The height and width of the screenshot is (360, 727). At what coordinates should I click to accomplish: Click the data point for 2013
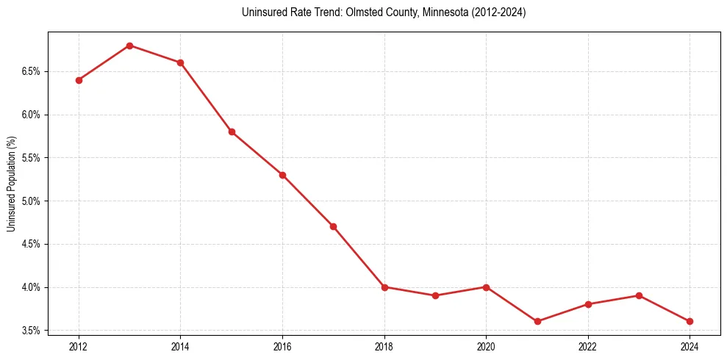pos(129,46)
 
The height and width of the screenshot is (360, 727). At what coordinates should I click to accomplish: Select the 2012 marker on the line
pos(79,80)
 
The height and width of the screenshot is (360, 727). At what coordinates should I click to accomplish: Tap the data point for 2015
pos(232,132)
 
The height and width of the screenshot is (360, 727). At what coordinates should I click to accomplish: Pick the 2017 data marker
pos(333,226)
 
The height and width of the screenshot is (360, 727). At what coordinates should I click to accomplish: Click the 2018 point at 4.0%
pos(384,287)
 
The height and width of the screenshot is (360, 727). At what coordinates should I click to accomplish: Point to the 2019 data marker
pos(435,295)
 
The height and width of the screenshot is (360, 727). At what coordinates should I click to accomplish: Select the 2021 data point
pos(537,321)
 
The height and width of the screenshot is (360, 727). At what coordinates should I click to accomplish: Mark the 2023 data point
pos(639,295)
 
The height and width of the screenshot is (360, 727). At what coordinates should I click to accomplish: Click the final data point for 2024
pos(690,321)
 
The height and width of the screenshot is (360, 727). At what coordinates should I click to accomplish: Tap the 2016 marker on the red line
pos(282,175)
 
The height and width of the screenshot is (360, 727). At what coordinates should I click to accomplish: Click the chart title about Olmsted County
pos(384,12)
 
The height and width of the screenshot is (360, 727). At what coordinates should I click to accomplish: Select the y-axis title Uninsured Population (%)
pos(12,184)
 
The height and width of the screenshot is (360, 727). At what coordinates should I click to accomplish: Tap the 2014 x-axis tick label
pos(180,346)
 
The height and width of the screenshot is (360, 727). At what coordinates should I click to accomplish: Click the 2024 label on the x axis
pos(690,346)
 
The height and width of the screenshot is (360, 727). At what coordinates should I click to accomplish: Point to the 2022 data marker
pos(588,304)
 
